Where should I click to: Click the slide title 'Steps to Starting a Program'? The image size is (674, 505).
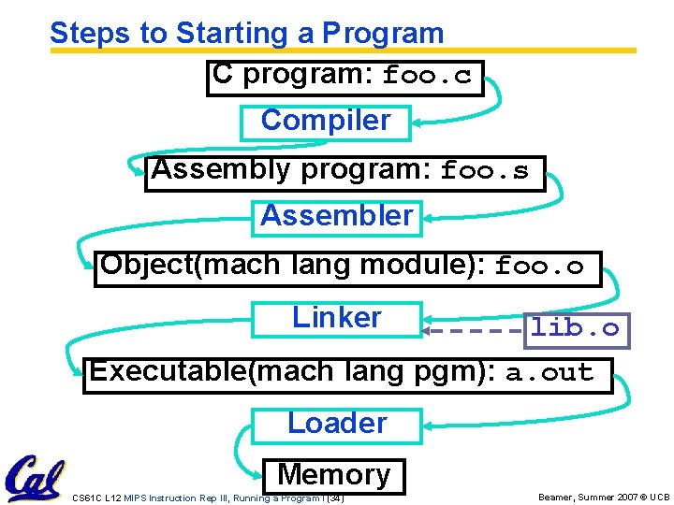coord(246,33)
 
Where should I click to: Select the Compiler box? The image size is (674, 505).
coord(325,122)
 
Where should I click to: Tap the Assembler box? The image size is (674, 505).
coord(337,217)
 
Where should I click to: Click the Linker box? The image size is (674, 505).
coord(337,318)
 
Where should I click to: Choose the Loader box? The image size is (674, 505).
coord(337,424)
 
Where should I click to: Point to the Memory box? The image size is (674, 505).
coord(334,475)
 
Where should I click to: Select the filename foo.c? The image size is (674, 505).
coord(427,77)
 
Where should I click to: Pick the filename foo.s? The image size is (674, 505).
coord(485,172)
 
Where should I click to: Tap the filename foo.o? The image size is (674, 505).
coord(539,267)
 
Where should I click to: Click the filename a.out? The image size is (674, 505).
coord(549,374)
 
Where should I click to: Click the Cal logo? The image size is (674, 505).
coord(35,476)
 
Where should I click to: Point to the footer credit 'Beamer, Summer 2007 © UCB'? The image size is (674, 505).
coord(604,498)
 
